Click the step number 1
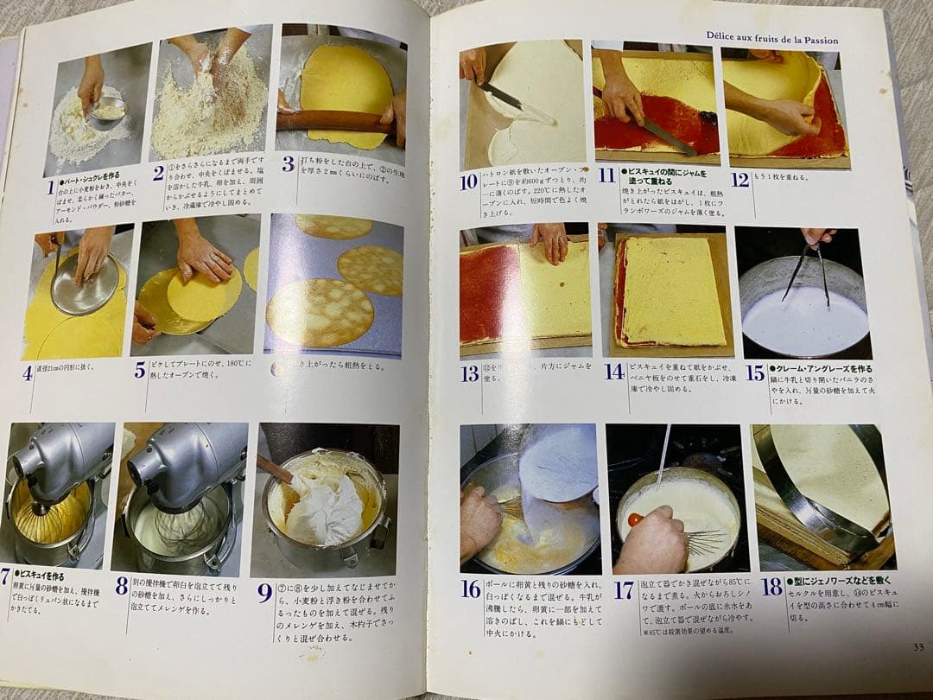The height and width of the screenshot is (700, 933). click(51, 188)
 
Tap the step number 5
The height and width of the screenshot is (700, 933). click(140, 370)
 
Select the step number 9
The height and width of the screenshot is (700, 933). click(264, 593)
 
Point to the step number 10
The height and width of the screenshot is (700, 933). click(468, 181)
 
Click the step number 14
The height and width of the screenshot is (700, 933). click(614, 372)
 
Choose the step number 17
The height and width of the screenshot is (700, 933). click(623, 590)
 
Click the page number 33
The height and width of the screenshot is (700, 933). click(918, 646)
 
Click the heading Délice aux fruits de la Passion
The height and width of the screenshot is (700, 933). click(771, 40)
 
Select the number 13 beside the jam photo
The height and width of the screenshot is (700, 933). click(470, 373)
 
